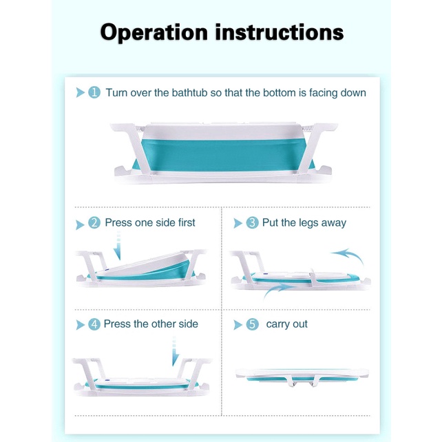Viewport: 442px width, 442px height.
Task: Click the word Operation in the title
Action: coord(154,33)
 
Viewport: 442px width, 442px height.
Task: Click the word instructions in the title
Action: coord(280,32)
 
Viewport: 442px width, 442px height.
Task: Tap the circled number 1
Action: coord(94,92)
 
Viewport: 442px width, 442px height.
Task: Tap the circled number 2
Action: coord(94,222)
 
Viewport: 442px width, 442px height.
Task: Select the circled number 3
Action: coord(252,222)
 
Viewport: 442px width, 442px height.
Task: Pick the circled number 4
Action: coord(94,324)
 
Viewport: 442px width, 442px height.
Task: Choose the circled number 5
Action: coord(252,324)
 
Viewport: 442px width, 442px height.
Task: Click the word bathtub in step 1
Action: coord(189,93)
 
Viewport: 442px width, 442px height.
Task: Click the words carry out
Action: coord(286,324)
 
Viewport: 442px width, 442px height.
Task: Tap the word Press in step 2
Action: coord(118,222)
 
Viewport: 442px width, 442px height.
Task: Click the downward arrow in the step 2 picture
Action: coord(118,246)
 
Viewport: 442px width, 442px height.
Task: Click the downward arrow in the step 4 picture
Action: coord(175,351)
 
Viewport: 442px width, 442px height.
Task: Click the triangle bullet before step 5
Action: coord(238,325)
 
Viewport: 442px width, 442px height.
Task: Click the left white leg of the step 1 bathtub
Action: coord(132,148)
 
